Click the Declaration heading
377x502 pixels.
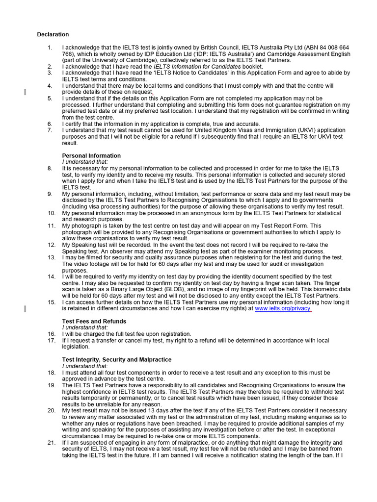click(53, 34)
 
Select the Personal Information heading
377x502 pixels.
click(91, 155)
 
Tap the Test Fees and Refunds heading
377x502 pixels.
click(94, 321)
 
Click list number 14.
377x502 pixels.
click(51, 276)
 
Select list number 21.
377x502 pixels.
click(51, 443)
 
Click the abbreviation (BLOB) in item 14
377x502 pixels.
click(172, 289)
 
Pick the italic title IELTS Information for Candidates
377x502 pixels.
click(197, 66)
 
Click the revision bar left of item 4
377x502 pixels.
click(26, 91)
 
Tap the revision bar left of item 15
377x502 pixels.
click(26, 309)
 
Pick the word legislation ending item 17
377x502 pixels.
click(77, 347)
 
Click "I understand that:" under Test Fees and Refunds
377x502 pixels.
click(84, 327)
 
